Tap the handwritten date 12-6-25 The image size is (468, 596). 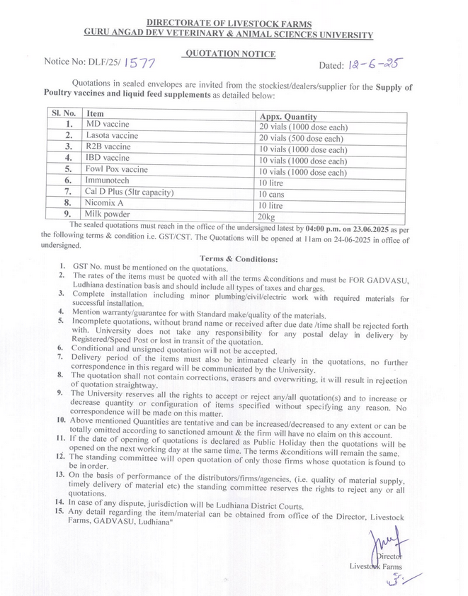(x=373, y=64)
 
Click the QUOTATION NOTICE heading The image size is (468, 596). (x=229, y=54)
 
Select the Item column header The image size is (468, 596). (x=95, y=113)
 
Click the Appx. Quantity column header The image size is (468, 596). (x=288, y=117)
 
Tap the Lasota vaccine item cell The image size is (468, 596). (x=112, y=135)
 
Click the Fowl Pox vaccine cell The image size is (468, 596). (x=117, y=169)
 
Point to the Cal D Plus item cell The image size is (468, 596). (x=130, y=192)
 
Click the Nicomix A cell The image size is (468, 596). (x=106, y=202)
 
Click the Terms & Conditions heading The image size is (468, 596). (x=235, y=259)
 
